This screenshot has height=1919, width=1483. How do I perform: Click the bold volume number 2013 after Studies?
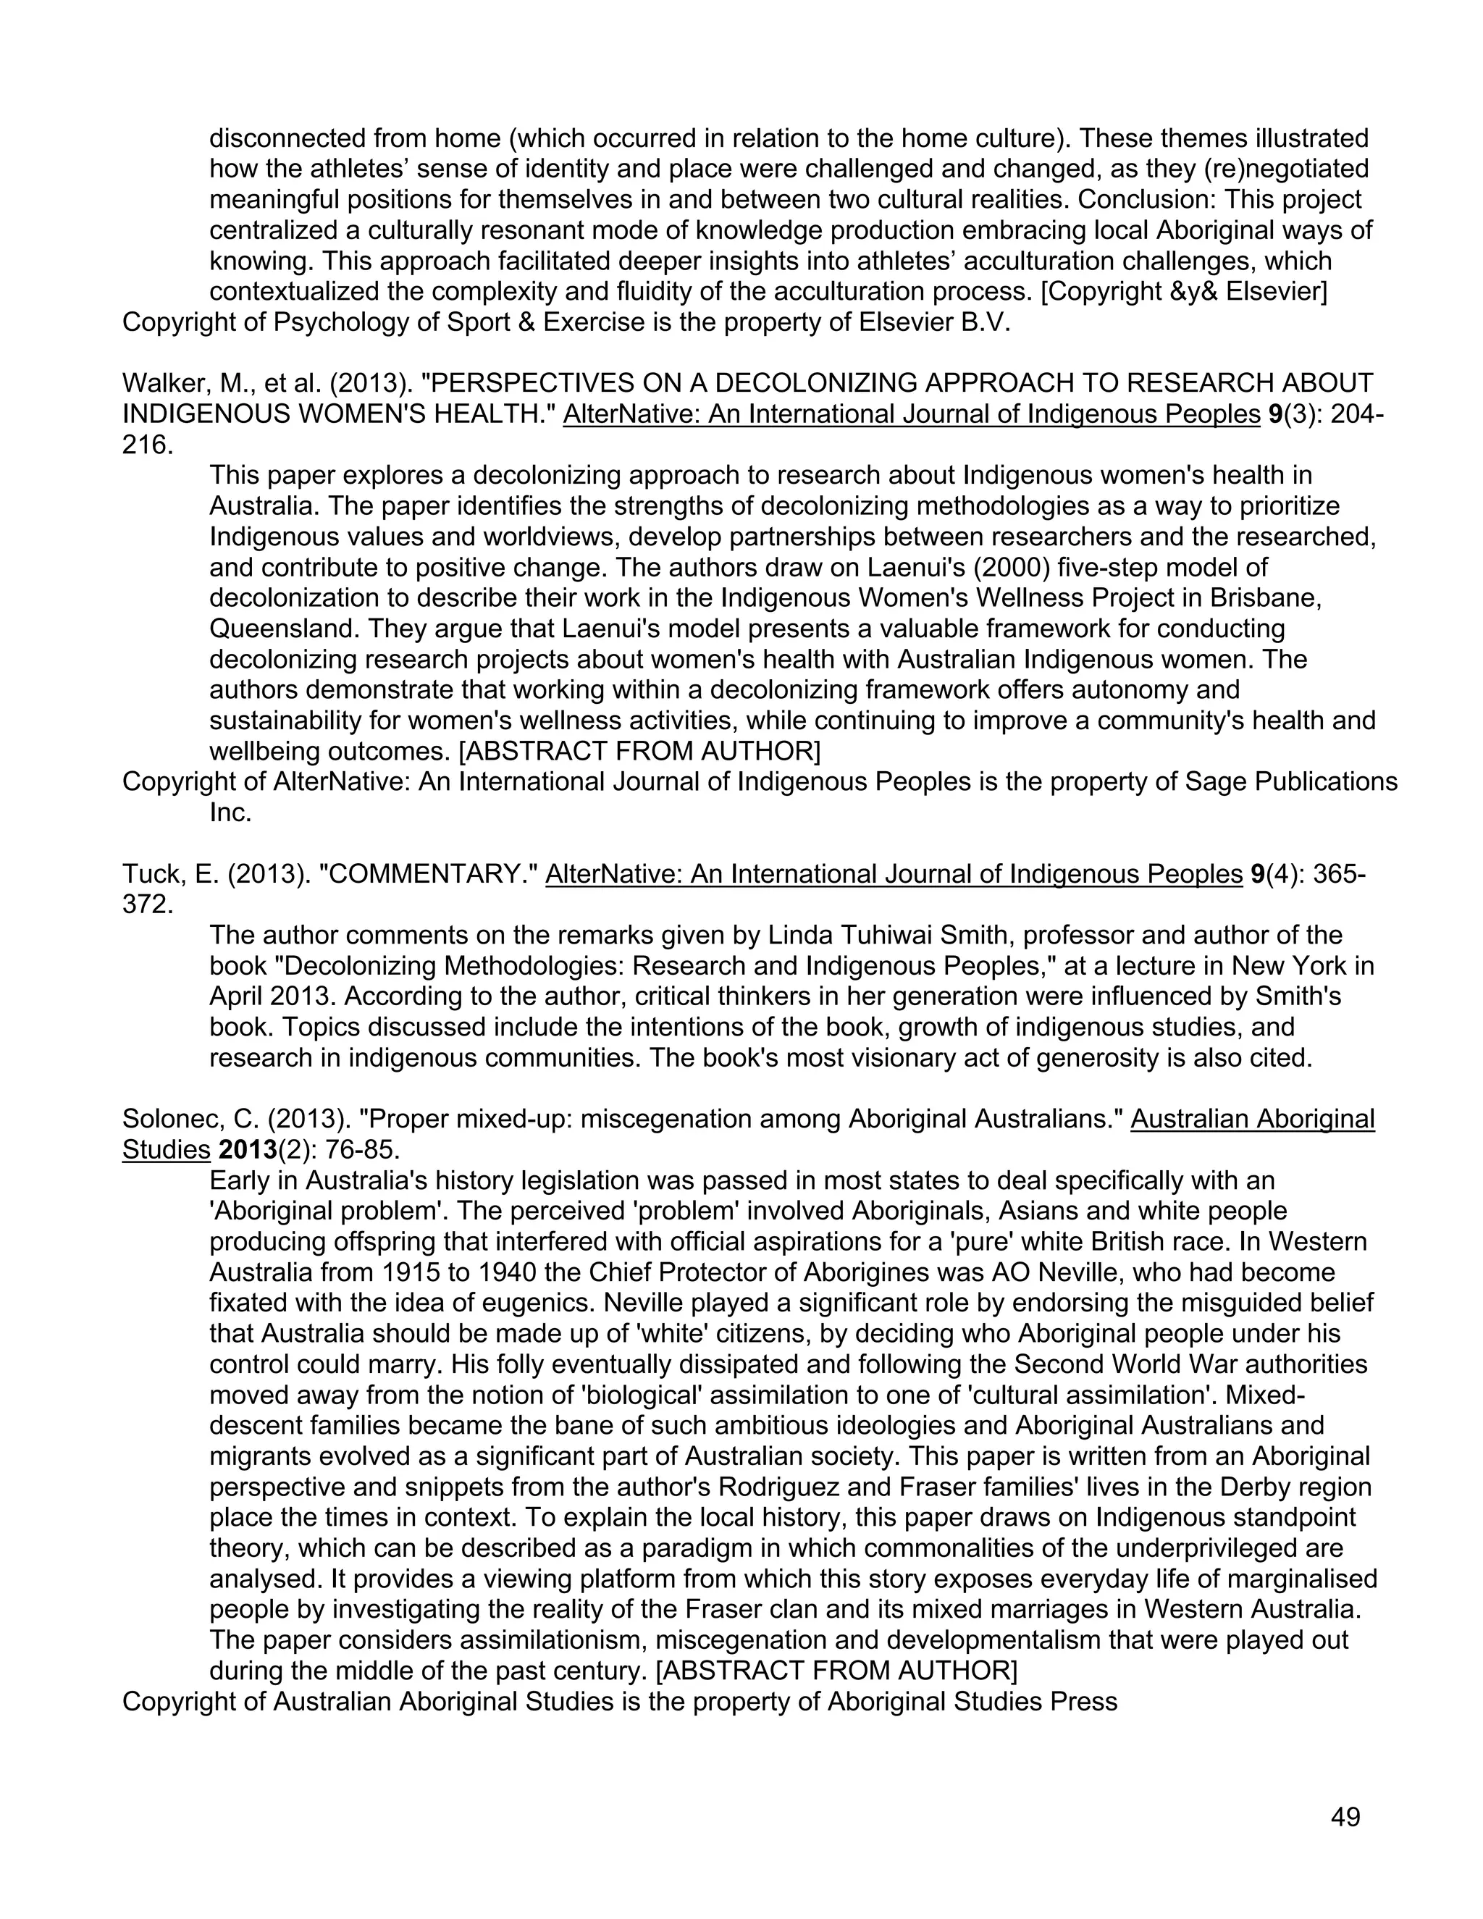248,1150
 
